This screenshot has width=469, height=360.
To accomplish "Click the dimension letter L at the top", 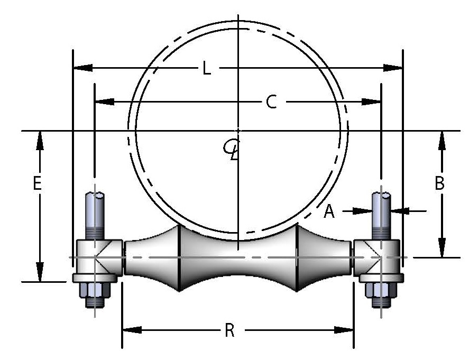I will (207, 69).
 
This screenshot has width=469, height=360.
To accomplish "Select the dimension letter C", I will (271, 102).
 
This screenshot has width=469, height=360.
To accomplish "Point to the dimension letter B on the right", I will (439, 183).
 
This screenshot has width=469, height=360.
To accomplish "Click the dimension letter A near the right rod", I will (329, 211).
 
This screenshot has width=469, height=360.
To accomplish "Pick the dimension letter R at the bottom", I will (229, 330).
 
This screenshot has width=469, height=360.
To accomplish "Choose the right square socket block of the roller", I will (376, 257).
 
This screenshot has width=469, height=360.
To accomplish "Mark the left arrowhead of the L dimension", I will (82, 68).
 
